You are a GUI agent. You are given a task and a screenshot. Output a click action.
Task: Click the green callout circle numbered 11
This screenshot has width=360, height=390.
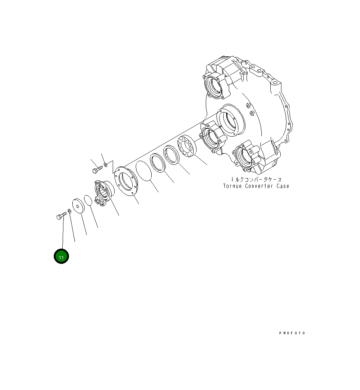(x=61, y=256)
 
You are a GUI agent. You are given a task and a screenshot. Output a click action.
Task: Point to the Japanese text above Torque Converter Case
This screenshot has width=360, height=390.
(x=256, y=179)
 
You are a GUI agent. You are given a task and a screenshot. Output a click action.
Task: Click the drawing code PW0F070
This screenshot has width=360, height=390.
(x=292, y=333)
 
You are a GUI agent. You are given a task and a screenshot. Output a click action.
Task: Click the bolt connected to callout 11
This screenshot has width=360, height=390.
(x=62, y=216)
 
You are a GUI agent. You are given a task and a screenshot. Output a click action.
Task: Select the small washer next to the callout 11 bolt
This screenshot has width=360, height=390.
(x=70, y=211)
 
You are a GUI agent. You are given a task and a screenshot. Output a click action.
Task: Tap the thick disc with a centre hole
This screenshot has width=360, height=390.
(x=78, y=206)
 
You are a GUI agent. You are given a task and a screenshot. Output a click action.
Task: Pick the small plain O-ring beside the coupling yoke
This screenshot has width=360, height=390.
(x=88, y=200)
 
